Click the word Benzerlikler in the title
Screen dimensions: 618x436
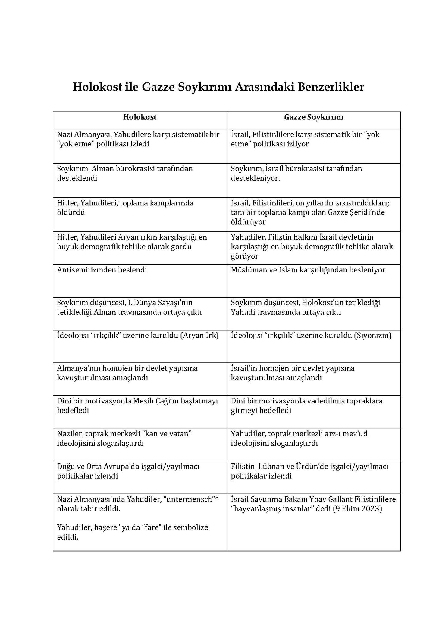(331, 87)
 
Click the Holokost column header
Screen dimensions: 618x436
(140, 117)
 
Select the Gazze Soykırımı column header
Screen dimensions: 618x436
(314, 117)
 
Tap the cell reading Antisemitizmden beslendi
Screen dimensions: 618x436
(102, 270)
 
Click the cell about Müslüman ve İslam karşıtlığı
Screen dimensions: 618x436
(308, 270)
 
